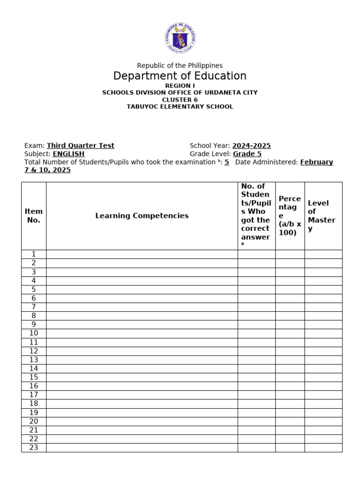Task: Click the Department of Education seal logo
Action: [x=180, y=38]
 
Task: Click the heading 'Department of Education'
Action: [x=180, y=76]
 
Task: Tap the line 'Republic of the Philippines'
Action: [x=180, y=66]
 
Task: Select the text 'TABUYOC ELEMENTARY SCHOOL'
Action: [x=180, y=106]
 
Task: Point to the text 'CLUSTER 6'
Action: [x=180, y=99]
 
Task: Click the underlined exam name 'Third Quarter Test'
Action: [x=81, y=146]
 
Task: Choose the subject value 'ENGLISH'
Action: [x=68, y=154]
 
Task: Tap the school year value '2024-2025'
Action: [x=251, y=146]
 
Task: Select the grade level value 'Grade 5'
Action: [x=247, y=154]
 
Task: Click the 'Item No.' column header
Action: [x=34, y=216]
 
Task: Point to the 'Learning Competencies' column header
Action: [x=142, y=216]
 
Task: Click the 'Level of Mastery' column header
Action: [x=322, y=216]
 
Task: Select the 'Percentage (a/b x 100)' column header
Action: [x=290, y=216]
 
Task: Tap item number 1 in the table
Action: [x=34, y=254]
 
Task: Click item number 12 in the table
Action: [x=34, y=351]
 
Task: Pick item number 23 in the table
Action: [x=34, y=448]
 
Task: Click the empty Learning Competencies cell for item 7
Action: [x=142, y=307]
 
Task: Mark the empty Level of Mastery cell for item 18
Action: [x=323, y=404]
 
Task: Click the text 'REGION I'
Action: [x=180, y=86]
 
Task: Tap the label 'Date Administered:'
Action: [x=266, y=162]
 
